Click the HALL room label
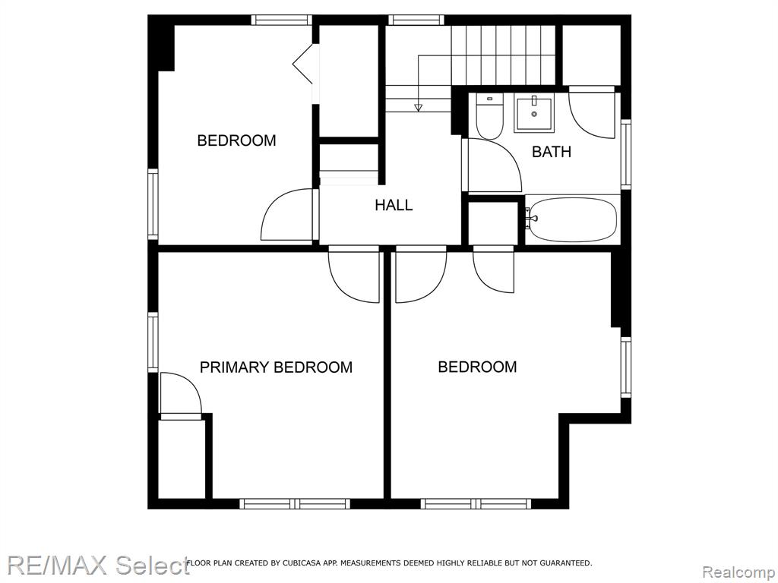tap(394, 205)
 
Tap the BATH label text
tap(552, 151)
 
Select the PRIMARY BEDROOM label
tap(276, 367)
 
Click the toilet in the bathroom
tap(489, 115)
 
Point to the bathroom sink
tap(533, 114)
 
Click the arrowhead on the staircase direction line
tap(419, 107)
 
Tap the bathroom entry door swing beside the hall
tap(492, 165)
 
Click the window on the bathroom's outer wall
tap(626, 154)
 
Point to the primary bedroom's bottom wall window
tap(295, 504)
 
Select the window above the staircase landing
tap(416, 20)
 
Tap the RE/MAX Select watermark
tap(98, 565)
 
